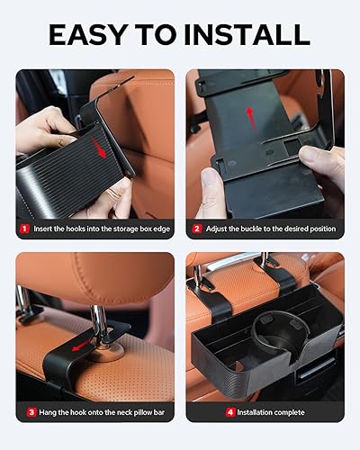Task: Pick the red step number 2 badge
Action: (196, 229)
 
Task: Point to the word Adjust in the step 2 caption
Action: (220, 229)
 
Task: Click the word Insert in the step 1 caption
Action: (44, 229)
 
